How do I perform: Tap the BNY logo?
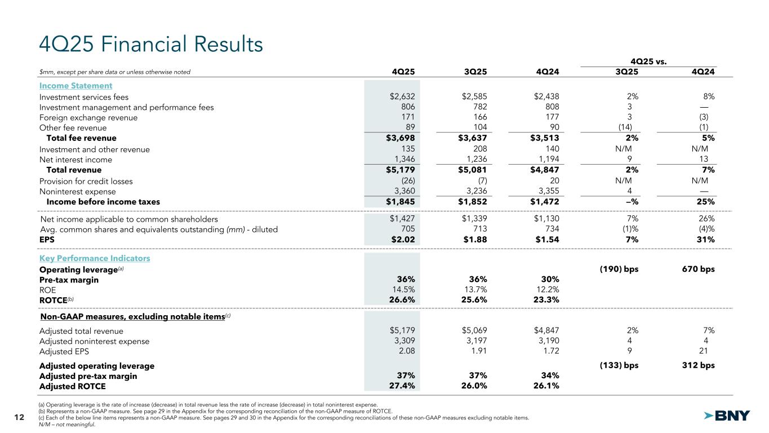pos(727,416)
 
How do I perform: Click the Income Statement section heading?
pos(75,86)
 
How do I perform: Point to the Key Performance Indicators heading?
pos(95,258)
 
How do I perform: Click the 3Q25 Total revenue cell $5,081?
pos(474,170)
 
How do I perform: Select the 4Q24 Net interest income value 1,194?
pos(546,160)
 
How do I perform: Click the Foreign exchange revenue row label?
pos(88,118)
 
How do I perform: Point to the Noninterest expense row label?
pos(78,191)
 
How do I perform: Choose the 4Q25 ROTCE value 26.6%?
pos(402,300)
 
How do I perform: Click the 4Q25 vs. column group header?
pos(648,61)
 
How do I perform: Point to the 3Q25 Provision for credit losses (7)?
pos(480,181)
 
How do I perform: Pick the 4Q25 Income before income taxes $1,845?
pos(402,202)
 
